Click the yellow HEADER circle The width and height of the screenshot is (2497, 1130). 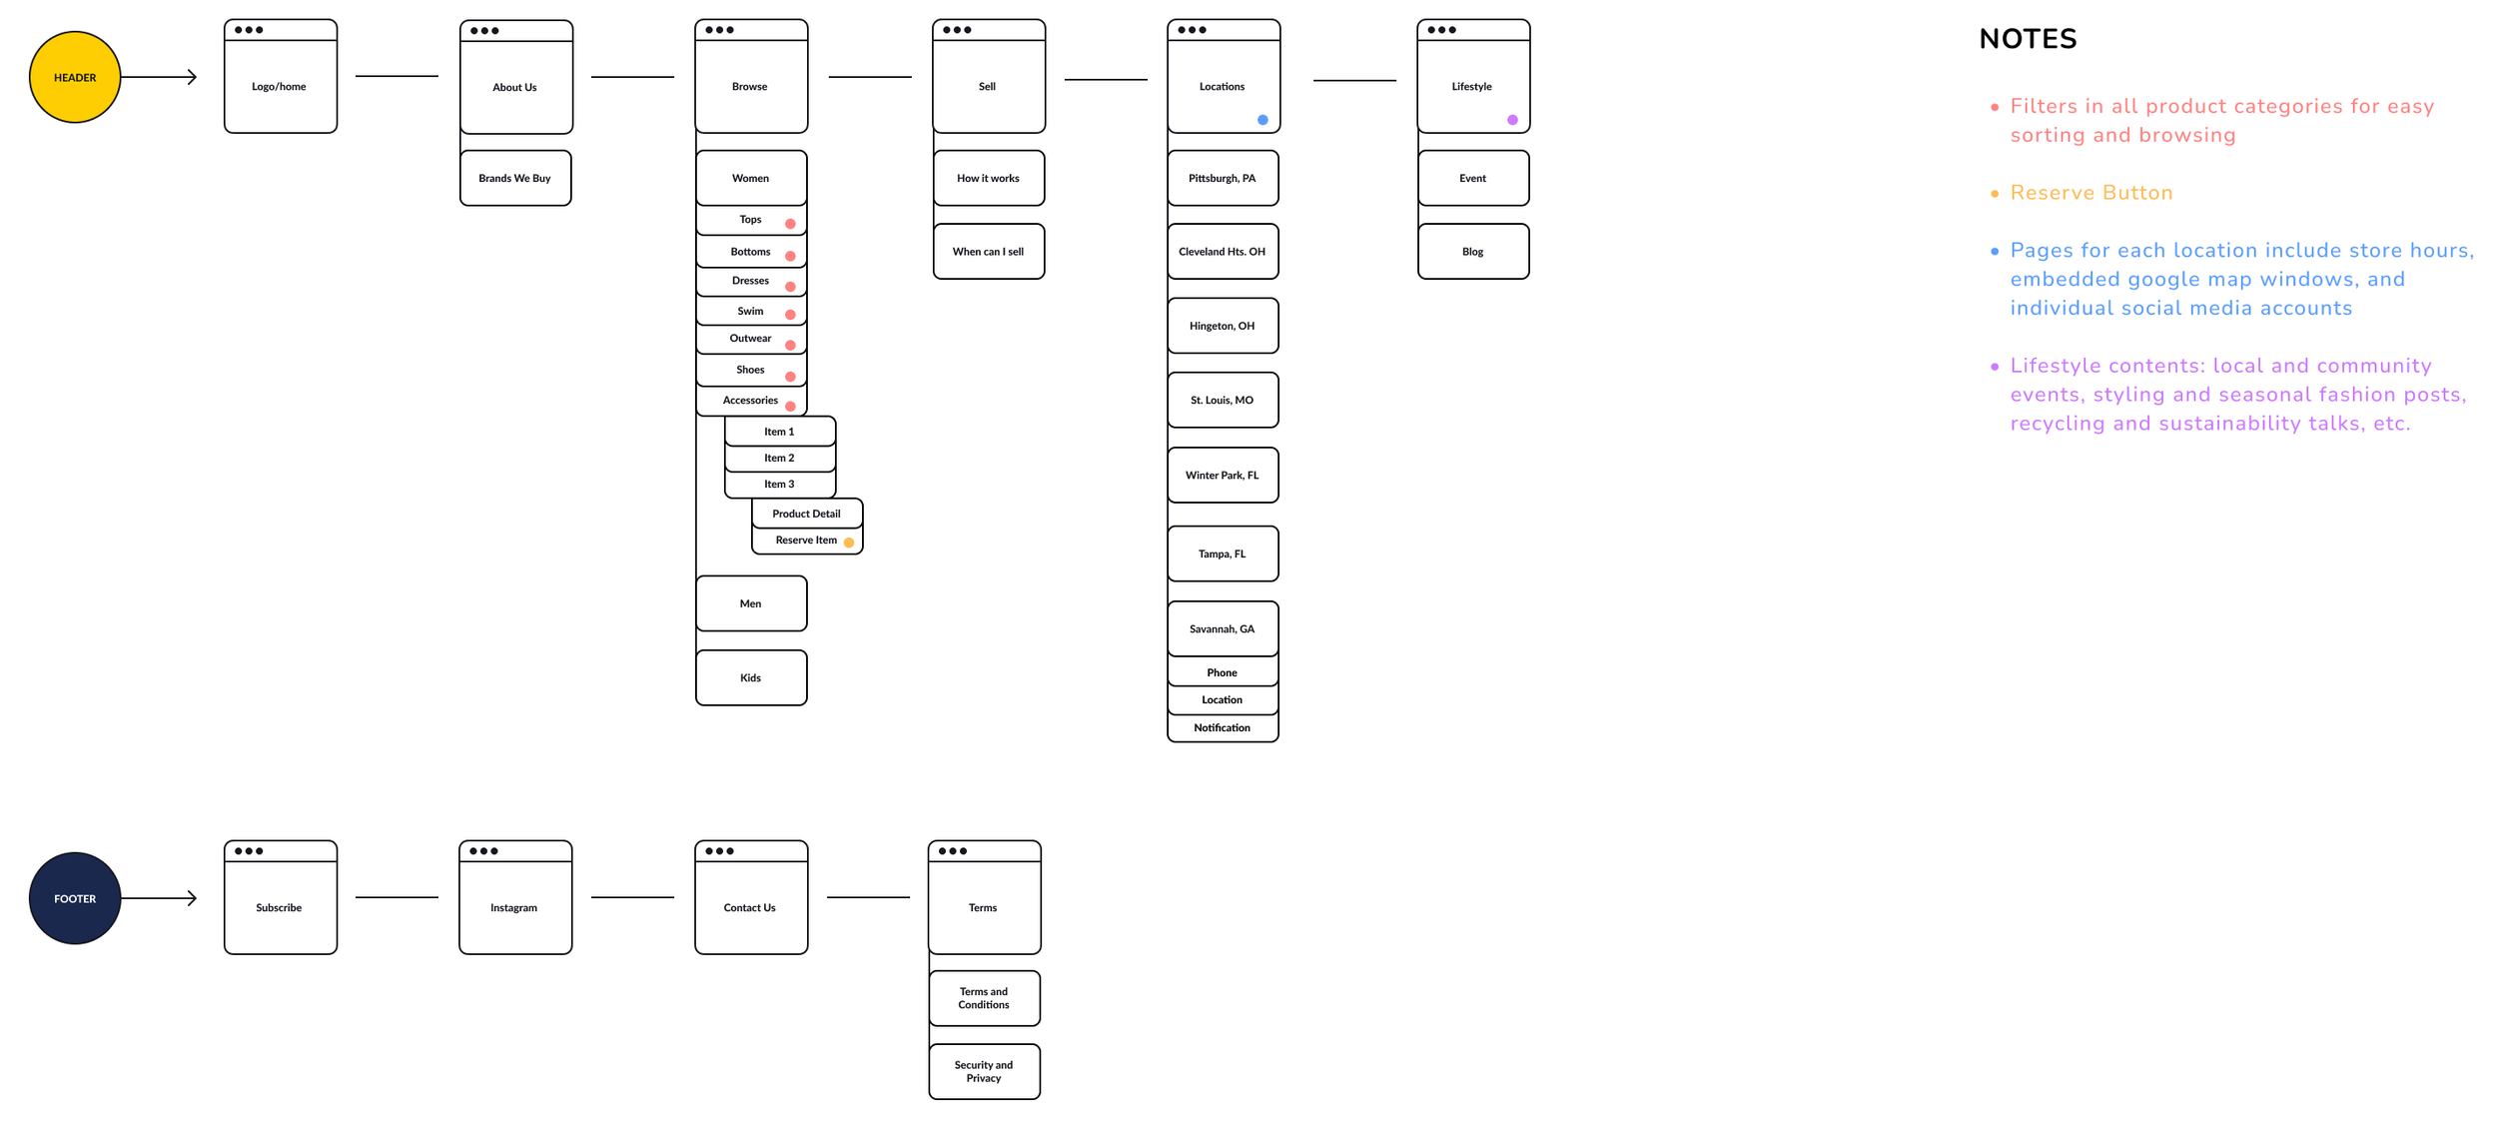point(75,77)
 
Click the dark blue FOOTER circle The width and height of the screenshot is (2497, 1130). point(75,898)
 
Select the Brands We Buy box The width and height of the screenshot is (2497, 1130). point(515,178)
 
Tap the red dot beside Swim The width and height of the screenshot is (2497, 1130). point(790,315)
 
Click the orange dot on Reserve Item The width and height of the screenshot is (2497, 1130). point(849,543)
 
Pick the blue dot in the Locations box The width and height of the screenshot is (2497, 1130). point(1262,120)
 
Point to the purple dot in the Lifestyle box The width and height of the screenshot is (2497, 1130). point(1512,120)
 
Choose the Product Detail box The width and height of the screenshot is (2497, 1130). point(806,514)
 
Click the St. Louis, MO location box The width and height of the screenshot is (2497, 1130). point(1223,400)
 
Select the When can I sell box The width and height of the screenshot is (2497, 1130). point(989,252)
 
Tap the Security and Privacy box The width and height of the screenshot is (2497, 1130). point(984,1071)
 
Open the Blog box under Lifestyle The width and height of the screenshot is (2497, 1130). point(1473,252)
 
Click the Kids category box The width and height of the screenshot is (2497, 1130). point(751,677)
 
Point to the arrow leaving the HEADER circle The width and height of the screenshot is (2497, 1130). point(160,77)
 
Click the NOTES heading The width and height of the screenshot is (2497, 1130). point(2028,39)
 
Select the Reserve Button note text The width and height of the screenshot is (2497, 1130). point(2090,193)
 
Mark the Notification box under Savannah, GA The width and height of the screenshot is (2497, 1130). point(1223,728)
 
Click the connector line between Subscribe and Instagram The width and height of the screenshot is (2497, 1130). point(397,897)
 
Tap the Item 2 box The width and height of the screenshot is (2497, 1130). point(780,458)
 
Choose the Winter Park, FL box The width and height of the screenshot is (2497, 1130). point(1223,475)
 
